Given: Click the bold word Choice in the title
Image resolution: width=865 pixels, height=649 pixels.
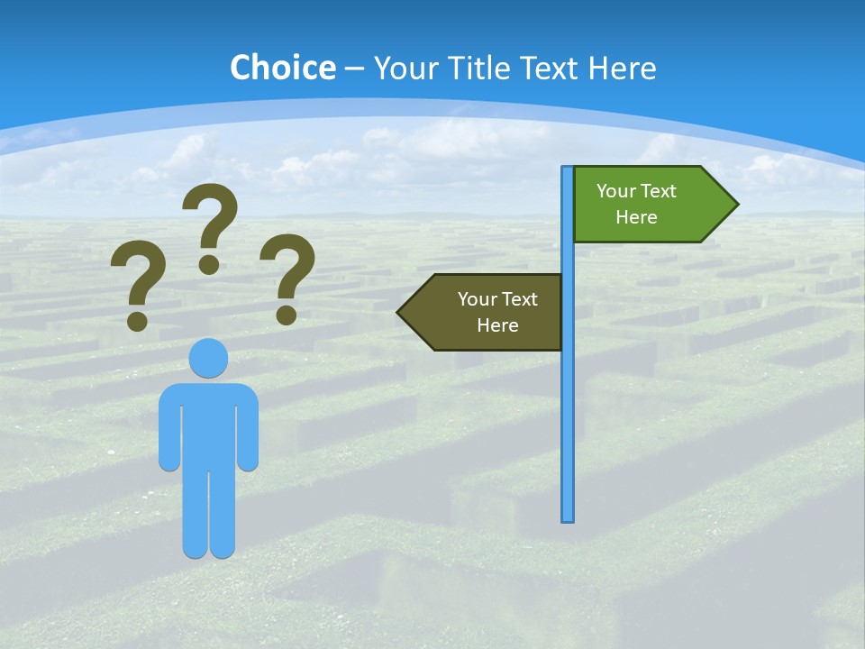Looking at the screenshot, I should coord(282,68).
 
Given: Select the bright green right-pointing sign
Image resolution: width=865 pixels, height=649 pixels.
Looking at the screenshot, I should coord(644,204).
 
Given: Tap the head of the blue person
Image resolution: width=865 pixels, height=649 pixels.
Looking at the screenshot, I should coord(208,359).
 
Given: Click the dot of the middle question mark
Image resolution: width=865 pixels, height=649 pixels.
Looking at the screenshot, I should coord(209,264).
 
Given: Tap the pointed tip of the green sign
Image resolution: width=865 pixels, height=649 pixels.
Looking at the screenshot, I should coord(736,205).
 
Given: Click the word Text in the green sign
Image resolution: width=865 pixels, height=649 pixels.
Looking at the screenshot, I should coord(659,191).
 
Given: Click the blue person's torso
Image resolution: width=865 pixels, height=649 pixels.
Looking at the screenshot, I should coord(208,424).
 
